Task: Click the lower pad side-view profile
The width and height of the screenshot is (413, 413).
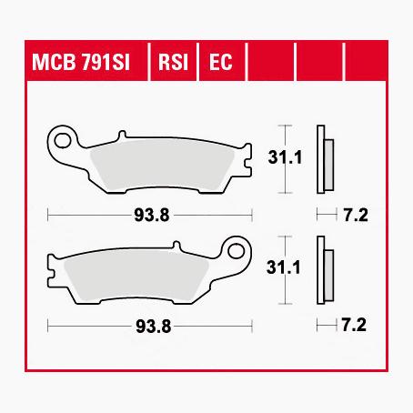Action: click(x=324, y=268)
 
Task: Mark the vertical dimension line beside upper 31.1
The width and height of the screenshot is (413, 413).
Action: click(x=287, y=158)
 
